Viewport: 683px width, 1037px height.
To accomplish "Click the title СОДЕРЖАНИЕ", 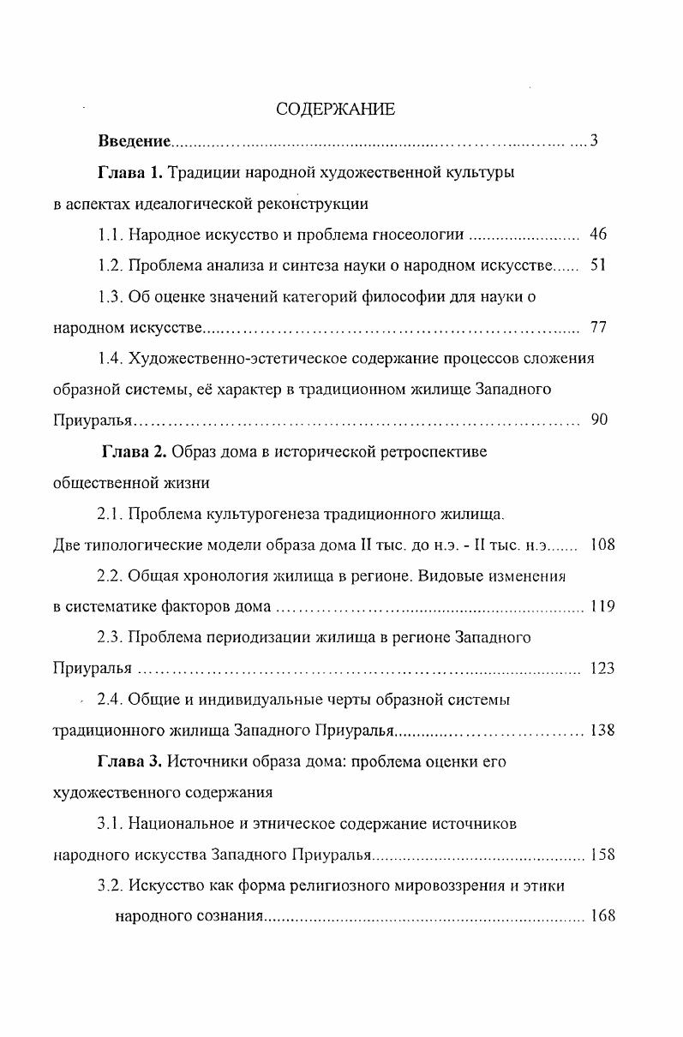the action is click(335, 110).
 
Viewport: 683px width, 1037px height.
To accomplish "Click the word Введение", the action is click(134, 141).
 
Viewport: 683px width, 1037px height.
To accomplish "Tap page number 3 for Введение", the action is click(593, 141).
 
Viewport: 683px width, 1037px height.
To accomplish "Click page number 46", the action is click(598, 235).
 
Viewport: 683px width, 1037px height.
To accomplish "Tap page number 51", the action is click(598, 265).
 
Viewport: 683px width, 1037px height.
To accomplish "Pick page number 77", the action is click(598, 327).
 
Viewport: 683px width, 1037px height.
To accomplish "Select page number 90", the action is click(599, 420).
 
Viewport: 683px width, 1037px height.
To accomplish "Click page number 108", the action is click(602, 544).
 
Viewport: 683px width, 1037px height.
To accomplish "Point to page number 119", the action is click(602, 606).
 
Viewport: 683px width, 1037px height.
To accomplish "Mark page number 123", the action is click(602, 668).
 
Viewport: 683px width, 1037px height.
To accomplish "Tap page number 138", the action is click(602, 730).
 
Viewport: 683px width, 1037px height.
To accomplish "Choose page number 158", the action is click(602, 854).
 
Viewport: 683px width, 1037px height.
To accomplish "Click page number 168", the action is click(602, 916).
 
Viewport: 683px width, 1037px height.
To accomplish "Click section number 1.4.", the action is click(110, 359).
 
